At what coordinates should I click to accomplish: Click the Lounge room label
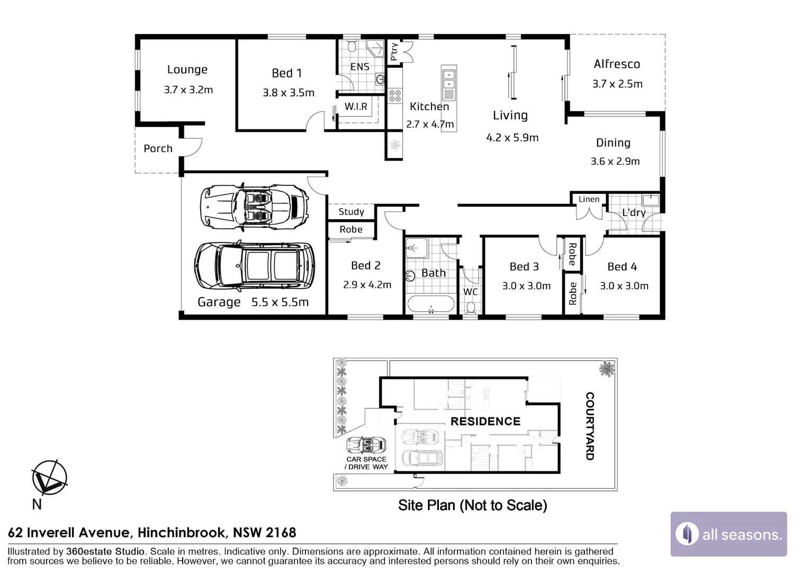click(x=187, y=69)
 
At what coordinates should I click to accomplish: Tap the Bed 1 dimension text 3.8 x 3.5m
click(x=288, y=93)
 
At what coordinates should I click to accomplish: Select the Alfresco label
click(x=617, y=64)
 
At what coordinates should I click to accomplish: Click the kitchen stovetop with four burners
click(x=395, y=96)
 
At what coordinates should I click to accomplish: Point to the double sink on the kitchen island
click(x=449, y=79)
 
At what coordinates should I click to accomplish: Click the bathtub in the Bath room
click(x=431, y=304)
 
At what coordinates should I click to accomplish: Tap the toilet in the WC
click(x=471, y=308)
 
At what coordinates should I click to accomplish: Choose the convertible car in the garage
click(x=254, y=207)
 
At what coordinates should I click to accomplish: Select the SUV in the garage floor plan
click(x=254, y=266)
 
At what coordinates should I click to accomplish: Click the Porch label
click(x=158, y=148)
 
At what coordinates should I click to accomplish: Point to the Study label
click(x=351, y=212)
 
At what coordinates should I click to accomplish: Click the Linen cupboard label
click(x=589, y=199)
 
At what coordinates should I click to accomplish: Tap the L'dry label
click(x=634, y=212)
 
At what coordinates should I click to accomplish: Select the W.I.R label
click(x=356, y=106)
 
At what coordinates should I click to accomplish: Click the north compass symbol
click(x=49, y=477)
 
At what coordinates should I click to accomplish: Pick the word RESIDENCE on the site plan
click(x=486, y=422)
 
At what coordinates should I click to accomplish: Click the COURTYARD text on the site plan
click(x=589, y=426)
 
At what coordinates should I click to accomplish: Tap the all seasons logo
click(x=729, y=534)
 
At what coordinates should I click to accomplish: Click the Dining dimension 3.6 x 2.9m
click(x=615, y=161)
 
